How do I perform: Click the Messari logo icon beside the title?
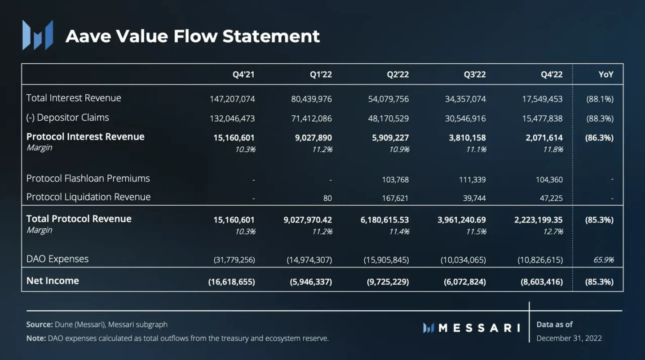click(x=38, y=35)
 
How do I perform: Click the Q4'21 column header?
click(x=243, y=75)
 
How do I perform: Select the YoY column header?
click(x=605, y=75)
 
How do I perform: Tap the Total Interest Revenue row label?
click(x=74, y=98)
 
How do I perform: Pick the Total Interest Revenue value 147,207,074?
click(x=232, y=99)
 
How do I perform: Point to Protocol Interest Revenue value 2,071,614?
click(x=544, y=137)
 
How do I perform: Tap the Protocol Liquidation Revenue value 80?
click(x=327, y=198)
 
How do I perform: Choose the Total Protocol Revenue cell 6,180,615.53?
click(x=384, y=220)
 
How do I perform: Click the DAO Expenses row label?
click(x=57, y=259)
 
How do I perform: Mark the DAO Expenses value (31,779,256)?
click(x=234, y=260)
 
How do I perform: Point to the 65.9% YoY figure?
click(x=603, y=260)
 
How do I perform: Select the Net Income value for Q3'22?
click(x=462, y=282)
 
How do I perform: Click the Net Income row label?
click(x=53, y=281)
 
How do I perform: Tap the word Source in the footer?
click(x=39, y=325)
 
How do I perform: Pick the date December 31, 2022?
click(x=569, y=338)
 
